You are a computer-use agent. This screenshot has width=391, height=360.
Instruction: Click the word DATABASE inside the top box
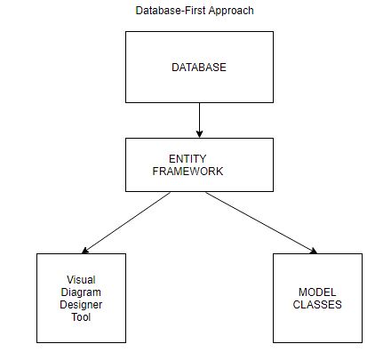click(x=197, y=68)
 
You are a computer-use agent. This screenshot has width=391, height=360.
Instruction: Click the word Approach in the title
click(x=230, y=11)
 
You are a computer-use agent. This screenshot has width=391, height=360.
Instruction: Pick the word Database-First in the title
click(x=170, y=11)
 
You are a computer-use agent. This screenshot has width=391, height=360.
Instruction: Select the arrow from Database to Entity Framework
click(x=200, y=119)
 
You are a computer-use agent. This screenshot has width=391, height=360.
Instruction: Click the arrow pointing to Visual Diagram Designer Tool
click(x=126, y=222)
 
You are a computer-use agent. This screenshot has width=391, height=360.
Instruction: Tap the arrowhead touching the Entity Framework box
click(x=200, y=133)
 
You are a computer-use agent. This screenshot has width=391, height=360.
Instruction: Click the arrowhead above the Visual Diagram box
click(x=84, y=251)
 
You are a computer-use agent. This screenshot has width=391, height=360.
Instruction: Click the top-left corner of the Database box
click(x=125, y=34)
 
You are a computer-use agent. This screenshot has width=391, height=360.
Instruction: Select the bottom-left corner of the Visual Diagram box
click(x=36, y=343)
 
